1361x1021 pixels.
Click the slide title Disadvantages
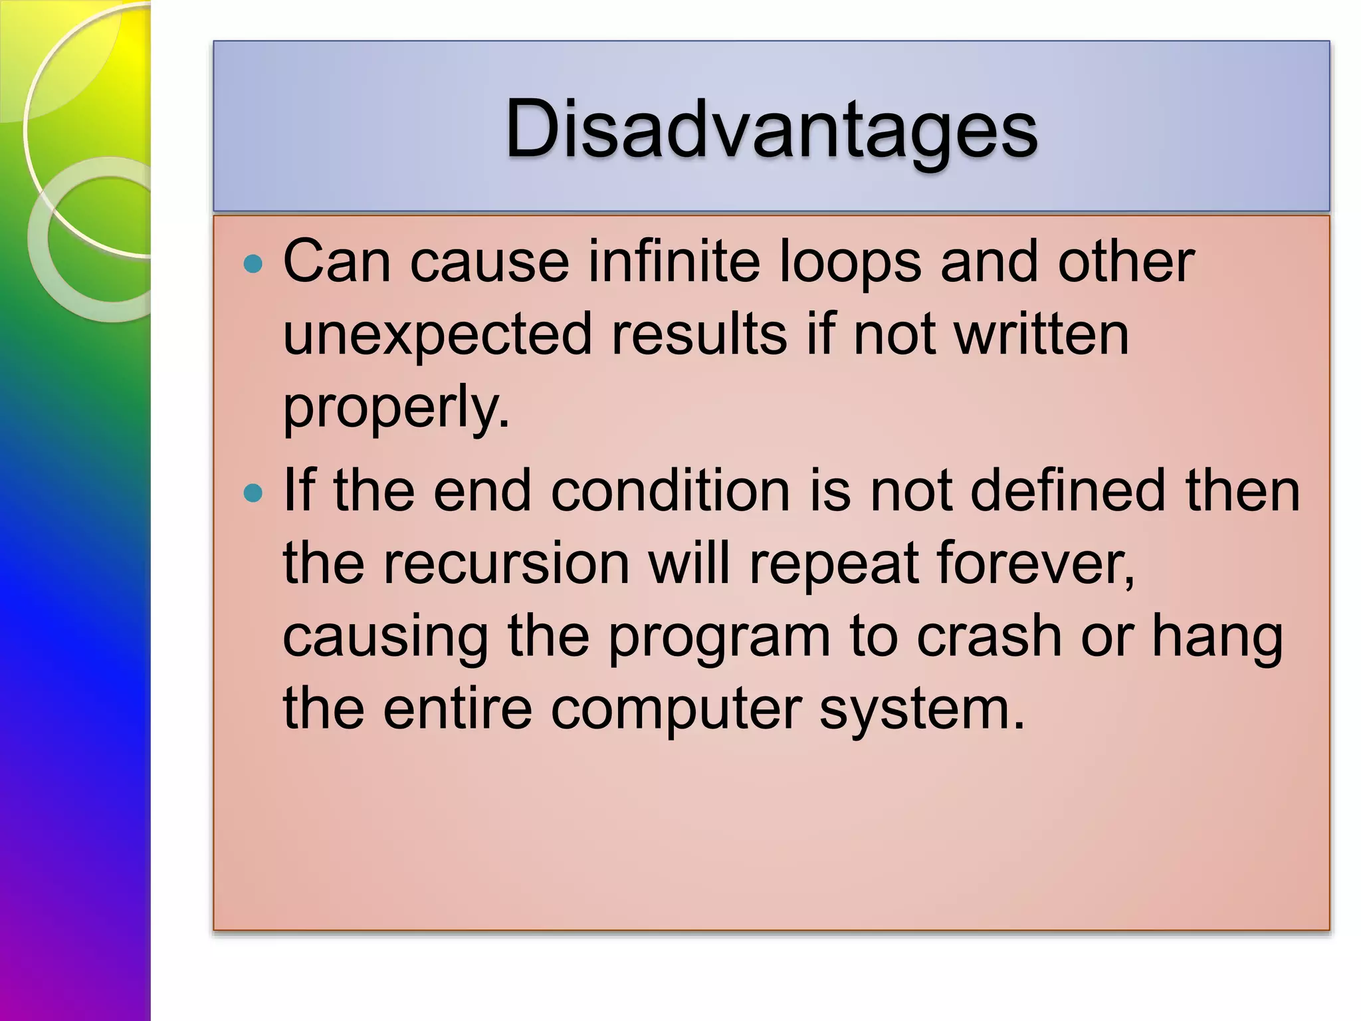771,130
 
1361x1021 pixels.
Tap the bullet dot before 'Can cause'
253,265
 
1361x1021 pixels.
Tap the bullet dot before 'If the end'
253,493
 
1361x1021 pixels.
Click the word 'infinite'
674,261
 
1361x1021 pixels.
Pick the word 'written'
1041,334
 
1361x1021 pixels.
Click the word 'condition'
671,491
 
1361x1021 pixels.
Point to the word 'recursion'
506,564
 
